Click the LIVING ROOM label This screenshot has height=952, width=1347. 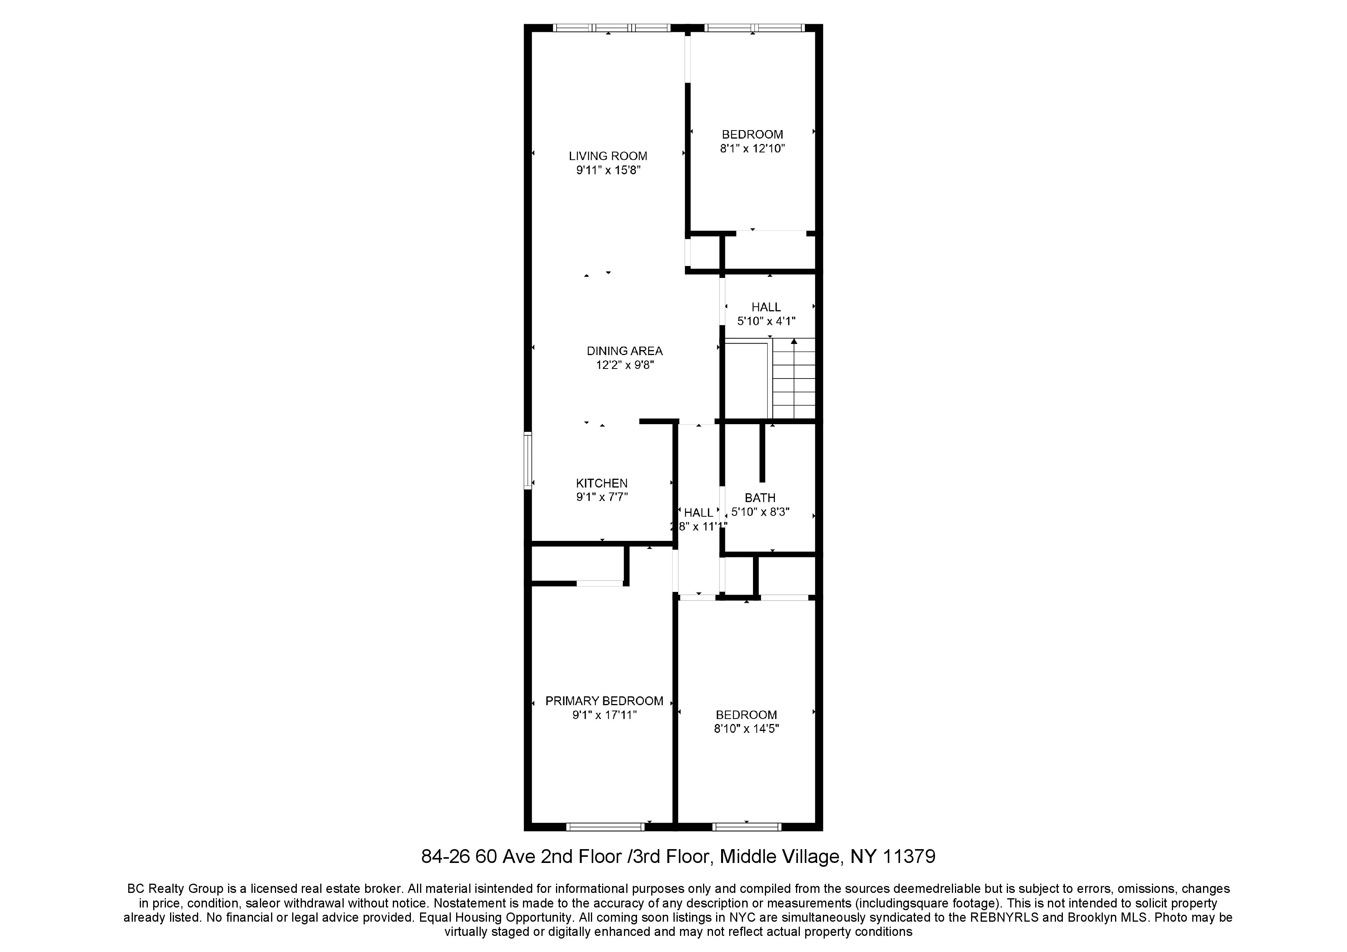[x=608, y=156]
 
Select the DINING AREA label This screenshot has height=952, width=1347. [x=624, y=351]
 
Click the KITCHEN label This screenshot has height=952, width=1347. [x=601, y=483]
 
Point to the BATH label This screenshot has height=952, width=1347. [x=760, y=497]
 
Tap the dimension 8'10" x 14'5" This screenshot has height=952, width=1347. [x=746, y=729]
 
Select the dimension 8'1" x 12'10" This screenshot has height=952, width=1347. [x=752, y=149]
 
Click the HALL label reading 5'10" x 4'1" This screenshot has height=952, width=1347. [x=766, y=307]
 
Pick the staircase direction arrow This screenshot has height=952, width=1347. [x=794, y=342]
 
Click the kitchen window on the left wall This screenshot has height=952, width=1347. [x=528, y=461]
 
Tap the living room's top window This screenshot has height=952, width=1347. [x=611, y=28]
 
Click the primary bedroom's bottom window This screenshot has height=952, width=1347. [x=605, y=827]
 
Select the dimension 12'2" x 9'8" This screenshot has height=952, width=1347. [x=624, y=365]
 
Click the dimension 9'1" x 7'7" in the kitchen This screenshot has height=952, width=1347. [x=601, y=497]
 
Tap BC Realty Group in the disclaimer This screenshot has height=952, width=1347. [x=175, y=889]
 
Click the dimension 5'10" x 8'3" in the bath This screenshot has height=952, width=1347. [x=760, y=511]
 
